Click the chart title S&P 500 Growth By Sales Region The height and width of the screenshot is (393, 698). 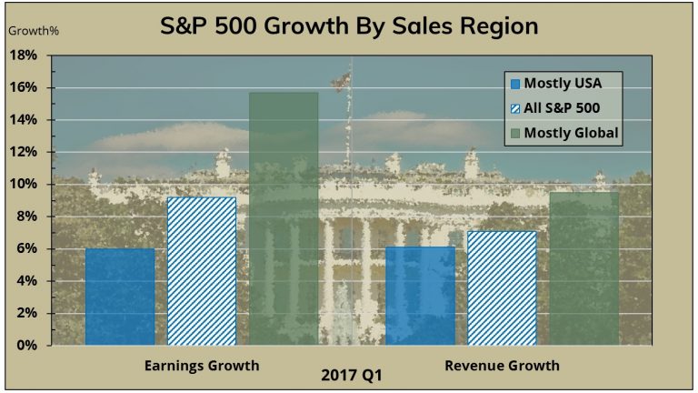point(349,25)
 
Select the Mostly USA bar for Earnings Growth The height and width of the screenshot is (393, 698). point(120,297)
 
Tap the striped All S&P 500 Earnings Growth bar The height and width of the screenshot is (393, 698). point(202,271)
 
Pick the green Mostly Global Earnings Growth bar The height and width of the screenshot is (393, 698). point(284,218)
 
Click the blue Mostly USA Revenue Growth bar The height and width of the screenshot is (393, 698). point(420,296)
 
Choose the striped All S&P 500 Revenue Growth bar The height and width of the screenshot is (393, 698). point(502,287)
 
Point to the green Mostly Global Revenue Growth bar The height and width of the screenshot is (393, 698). point(583,268)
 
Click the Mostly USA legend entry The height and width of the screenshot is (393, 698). point(563,83)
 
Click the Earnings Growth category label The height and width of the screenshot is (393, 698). point(202,366)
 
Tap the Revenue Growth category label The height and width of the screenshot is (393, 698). point(502,366)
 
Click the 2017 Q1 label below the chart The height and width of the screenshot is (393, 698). point(351,375)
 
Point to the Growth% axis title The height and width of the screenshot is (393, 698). point(34,30)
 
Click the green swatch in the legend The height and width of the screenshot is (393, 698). point(515,134)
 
